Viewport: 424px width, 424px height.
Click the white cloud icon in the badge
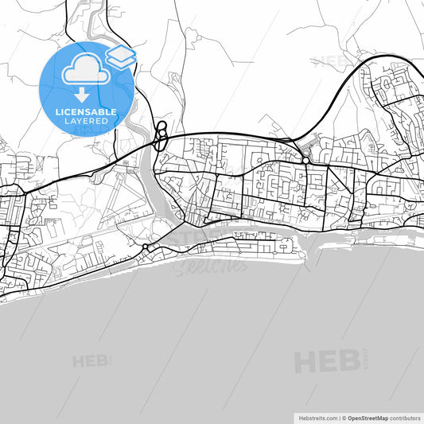point(84,71)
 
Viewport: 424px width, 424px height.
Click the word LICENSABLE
point(86,112)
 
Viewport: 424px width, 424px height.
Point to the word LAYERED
point(86,123)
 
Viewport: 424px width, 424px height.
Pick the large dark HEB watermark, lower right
point(326,361)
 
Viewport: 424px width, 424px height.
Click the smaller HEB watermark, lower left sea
point(92,361)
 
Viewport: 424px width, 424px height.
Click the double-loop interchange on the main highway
point(161,135)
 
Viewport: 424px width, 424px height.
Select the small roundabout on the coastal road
point(146,249)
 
